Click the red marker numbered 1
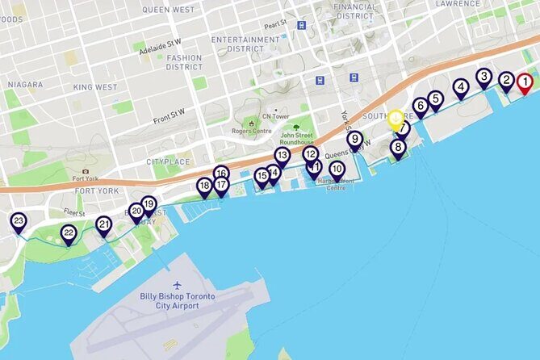[x=524, y=82]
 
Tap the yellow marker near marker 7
[x=395, y=119]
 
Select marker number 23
[x=18, y=221]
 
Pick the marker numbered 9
[x=354, y=140]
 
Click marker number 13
[x=282, y=156]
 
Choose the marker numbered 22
[x=69, y=234]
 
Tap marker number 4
[x=460, y=87]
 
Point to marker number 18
[x=204, y=186]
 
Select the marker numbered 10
[x=337, y=170]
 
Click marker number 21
[x=103, y=225]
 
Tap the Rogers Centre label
[x=230, y=131]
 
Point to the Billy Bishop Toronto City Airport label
[x=177, y=301]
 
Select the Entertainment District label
[x=245, y=44]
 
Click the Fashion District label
[x=184, y=63]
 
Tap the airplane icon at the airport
[x=178, y=285]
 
